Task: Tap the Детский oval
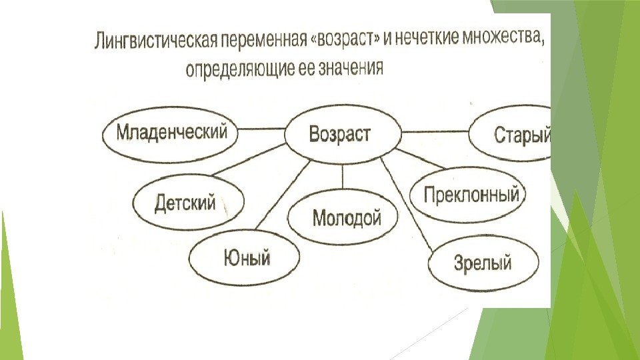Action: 187,202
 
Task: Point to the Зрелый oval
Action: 482,263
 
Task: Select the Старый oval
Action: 513,136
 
